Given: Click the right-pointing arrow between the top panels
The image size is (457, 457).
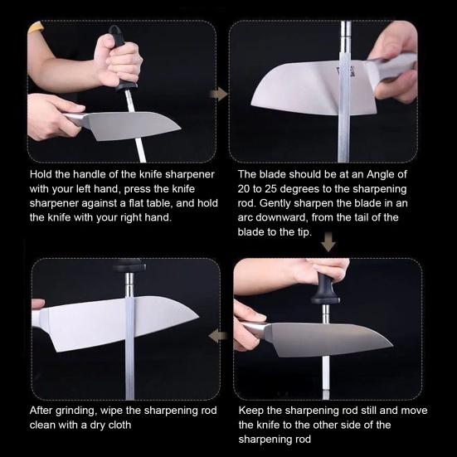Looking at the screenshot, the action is pyautogui.click(x=219, y=95).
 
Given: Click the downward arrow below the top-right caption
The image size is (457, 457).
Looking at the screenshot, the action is pyautogui.click(x=328, y=241).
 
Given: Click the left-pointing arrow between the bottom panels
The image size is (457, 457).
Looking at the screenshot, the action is pyautogui.click(x=217, y=336).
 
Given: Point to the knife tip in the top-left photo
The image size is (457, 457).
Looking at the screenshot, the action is pyautogui.click(x=181, y=128).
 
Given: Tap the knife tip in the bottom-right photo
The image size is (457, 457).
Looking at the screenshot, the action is pyautogui.click(x=392, y=346).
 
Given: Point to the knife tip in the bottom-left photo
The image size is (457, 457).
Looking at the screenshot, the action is pyautogui.click(x=199, y=317).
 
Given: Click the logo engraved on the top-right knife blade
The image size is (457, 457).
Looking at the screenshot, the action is pyautogui.click(x=345, y=70).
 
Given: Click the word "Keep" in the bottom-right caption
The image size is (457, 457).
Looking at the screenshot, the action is pyautogui.click(x=251, y=411).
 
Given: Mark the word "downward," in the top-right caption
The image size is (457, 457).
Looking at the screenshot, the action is pyautogui.click(x=280, y=217).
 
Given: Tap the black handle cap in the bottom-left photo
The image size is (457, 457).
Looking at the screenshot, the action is pyautogui.click(x=129, y=265).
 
